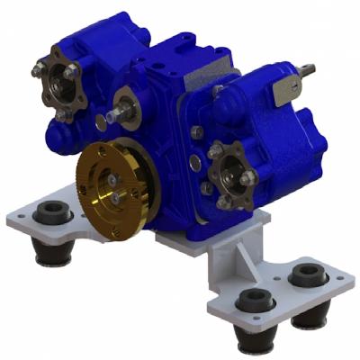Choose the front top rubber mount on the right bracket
tap(253, 300)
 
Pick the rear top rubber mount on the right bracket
tap(308, 274)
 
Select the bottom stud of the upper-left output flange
tap(61, 115)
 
